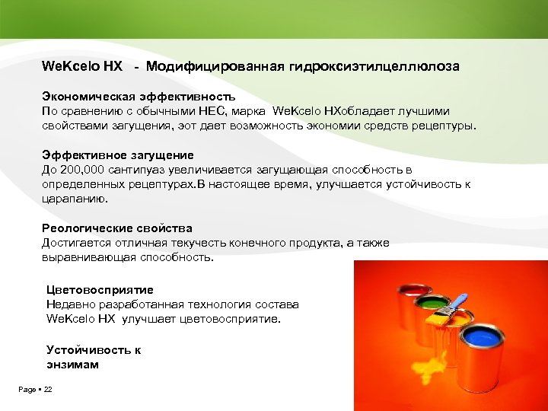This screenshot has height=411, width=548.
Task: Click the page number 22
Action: coord(48,390)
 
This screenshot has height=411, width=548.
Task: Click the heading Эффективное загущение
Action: coord(117,155)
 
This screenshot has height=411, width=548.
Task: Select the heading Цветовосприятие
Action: coord(100,290)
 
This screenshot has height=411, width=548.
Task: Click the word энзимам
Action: coord(72,365)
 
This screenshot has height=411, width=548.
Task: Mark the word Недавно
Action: coord(70,304)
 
